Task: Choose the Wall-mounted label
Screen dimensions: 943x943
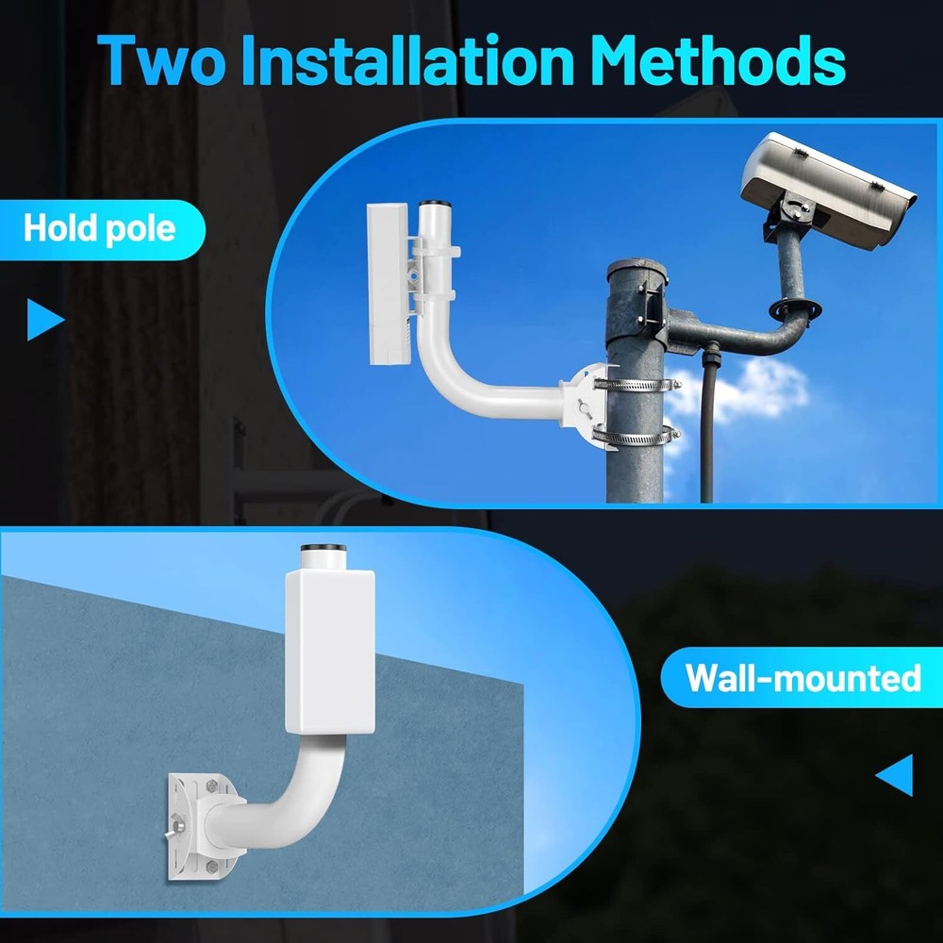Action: point(802,677)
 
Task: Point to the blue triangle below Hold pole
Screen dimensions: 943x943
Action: point(45,319)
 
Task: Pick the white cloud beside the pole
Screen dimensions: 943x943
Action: point(745,391)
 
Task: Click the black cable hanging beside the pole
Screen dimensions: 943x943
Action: point(706,424)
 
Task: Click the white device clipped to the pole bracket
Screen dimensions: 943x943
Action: point(387,283)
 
